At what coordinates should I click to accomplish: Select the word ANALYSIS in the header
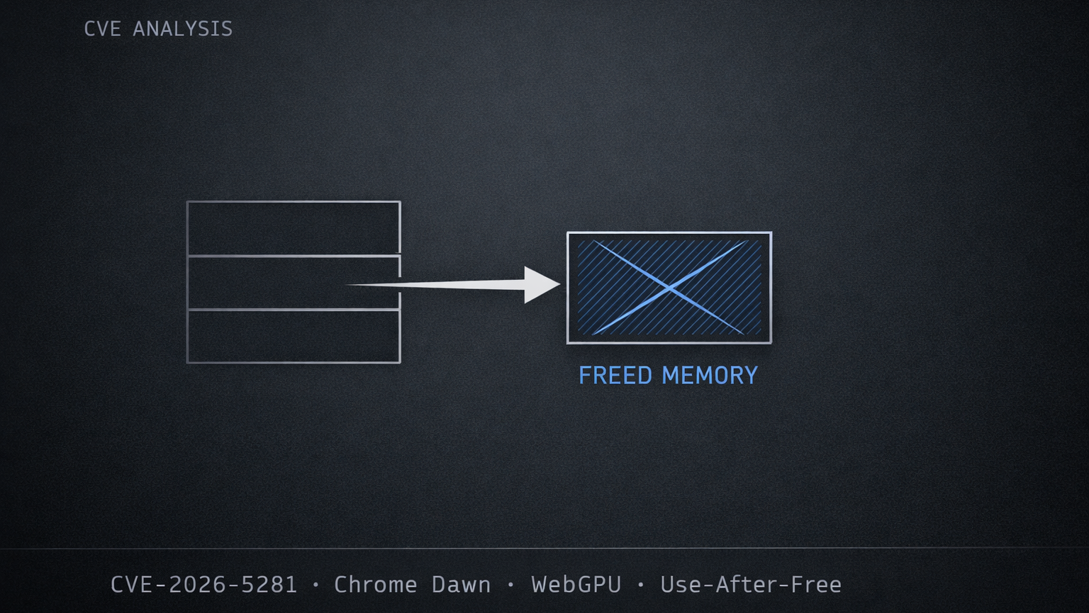pyautogui.click(x=183, y=29)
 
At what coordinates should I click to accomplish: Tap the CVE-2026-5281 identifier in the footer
pyautogui.click(x=203, y=585)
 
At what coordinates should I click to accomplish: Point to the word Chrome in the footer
pyautogui.click(x=375, y=585)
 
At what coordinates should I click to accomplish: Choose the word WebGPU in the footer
pyautogui.click(x=576, y=585)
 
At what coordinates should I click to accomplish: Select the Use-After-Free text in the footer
pyautogui.click(x=751, y=585)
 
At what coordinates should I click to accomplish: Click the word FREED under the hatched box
pyautogui.click(x=615, y=376)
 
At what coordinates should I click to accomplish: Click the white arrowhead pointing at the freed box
pyautogui.click(x=540, y=285)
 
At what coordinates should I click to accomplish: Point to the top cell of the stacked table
pyautogui.click(x=294, y=228)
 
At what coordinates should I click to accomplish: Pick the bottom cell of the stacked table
pyautogui.click(x=294, y=337)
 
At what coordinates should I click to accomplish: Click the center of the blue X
pyautogui.click(x=669, y=288)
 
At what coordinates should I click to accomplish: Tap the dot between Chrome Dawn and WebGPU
pyautogui.click(x=510, y=585)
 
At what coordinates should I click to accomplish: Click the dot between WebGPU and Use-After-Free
pyautogui.click(x=641, y=585)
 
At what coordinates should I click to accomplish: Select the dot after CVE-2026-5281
pyautogui.click(x=315, y=585)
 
